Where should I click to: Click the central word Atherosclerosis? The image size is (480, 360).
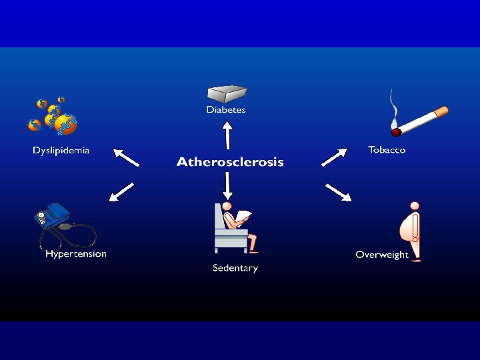click(230, 162)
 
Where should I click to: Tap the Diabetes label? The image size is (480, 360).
click(225, 110)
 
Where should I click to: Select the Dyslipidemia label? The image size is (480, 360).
click(61, 151)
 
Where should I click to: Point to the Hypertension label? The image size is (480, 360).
click(75, 254)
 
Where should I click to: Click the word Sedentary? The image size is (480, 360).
click(235, 268)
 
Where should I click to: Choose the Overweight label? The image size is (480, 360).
click(382, 255)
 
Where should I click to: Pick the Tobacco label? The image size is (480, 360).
click(387, 150)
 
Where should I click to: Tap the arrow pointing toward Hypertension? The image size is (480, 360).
click(121, 191)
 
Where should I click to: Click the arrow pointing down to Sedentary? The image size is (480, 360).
click(227, 185)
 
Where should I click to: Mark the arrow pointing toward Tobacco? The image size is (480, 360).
click(335, 157)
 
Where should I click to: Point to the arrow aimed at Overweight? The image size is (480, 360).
click(338, 192)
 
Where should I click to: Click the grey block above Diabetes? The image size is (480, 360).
click(226, 93)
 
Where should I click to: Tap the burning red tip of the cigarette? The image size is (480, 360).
click(396, 132)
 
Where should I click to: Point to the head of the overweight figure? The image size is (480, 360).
click(415, 206)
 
